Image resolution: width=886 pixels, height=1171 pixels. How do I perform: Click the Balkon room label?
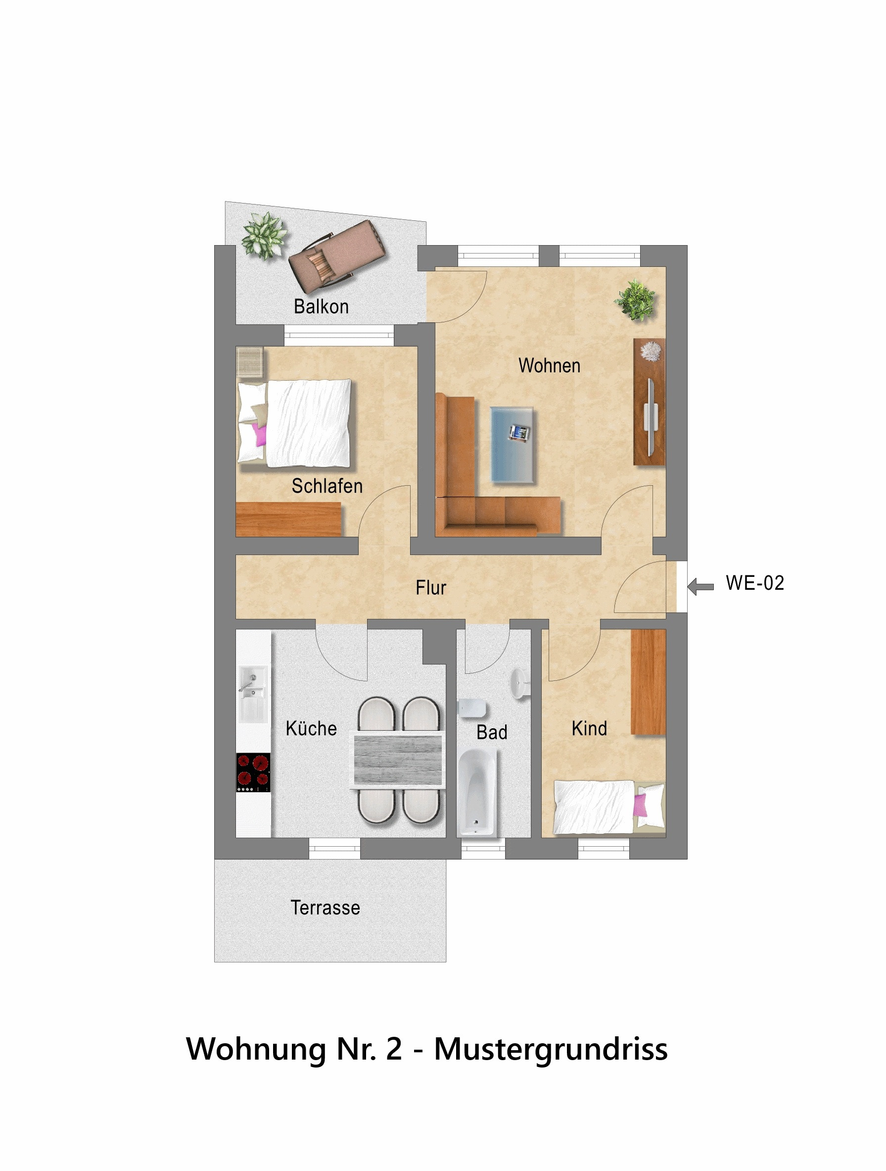tap(321, 306)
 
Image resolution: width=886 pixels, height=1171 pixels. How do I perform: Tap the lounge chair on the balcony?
tap(337, 256)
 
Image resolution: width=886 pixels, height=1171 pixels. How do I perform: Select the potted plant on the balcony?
tap(265, 236)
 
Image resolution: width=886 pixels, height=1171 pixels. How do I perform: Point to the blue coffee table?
tap(512, 445)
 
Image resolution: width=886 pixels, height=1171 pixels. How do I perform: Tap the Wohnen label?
tap(549, 365)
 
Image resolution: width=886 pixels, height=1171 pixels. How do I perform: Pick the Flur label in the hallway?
tap(430, 588)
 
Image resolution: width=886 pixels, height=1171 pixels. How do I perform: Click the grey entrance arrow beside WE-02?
tap(700, 586)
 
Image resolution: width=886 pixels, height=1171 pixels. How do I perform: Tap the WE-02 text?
tap(755, 583)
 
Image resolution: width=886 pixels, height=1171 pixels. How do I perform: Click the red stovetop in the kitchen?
tap(253, 772)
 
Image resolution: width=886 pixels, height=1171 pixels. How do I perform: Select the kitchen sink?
tap(253, 694)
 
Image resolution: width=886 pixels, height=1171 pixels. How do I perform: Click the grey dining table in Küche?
tap(398, 760)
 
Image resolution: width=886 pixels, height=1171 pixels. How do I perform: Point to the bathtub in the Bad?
tap(476, 792)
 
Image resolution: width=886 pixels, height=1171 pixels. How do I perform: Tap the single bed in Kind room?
tap(609, 807)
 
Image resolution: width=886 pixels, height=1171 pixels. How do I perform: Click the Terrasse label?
tap(326, 908)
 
